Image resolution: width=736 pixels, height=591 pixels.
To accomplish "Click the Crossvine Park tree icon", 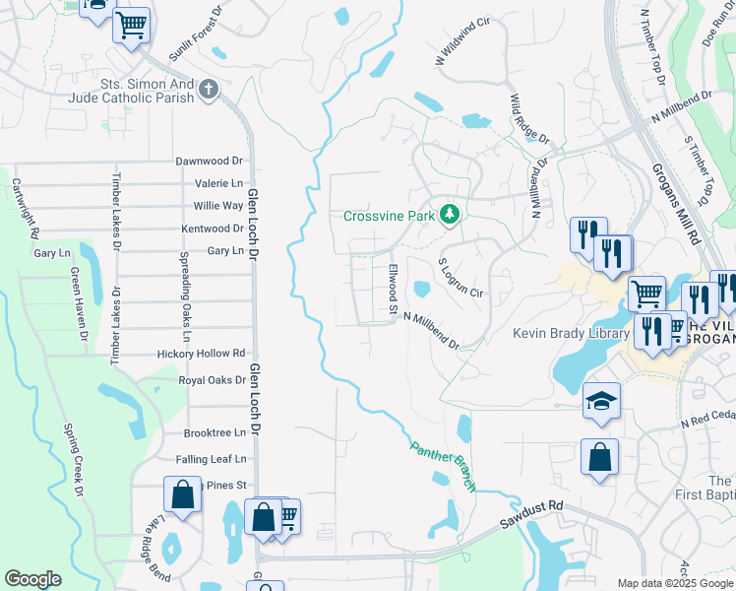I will click(x=450, y=214).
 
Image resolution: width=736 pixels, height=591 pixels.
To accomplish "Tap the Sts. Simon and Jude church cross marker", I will click(x=208, y=90).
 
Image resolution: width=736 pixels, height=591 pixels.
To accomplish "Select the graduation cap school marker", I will click(x=601, y=401).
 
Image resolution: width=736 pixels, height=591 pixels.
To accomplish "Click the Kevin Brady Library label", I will click(x=571, y=333).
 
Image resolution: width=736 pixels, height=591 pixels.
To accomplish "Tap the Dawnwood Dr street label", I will click(x=209, y=161).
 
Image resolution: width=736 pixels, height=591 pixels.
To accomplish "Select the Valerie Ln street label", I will click(x=218, y=183).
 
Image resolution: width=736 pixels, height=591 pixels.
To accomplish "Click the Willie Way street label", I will click(x=218, y=206).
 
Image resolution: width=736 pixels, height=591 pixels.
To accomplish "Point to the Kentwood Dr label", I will click(x=212, y=229).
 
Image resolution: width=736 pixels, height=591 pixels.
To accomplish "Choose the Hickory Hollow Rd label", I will click(x=201, y=353).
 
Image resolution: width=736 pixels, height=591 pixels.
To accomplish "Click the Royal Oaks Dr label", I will click(x=212, y=379).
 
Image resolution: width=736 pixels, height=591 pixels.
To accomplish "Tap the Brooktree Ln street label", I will click(x=215, y=432).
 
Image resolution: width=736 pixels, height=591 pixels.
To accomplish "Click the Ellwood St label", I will click(x=392, y=291).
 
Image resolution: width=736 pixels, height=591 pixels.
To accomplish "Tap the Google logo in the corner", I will click(x=32, y=579).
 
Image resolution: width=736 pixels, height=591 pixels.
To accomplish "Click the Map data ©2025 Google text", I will click(x=675, y=583).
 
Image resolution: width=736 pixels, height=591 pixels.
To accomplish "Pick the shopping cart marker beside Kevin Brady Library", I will click(x=646, y=293).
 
